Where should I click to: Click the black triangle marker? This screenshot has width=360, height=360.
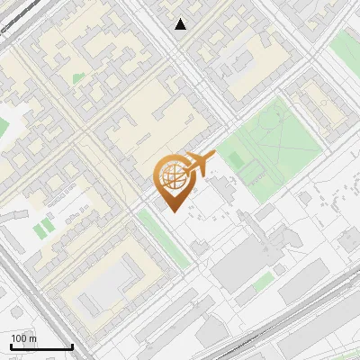(x=181, y=24)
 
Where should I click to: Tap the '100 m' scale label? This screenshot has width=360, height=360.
(x=24, y=338)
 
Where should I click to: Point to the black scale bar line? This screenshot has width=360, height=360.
(x=41, y=346)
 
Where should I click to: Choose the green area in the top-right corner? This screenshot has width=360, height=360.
(x=346, y=49)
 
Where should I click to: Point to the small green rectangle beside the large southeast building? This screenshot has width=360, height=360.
(x=262, y=284)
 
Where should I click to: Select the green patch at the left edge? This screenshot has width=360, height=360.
(x=4, y=126)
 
